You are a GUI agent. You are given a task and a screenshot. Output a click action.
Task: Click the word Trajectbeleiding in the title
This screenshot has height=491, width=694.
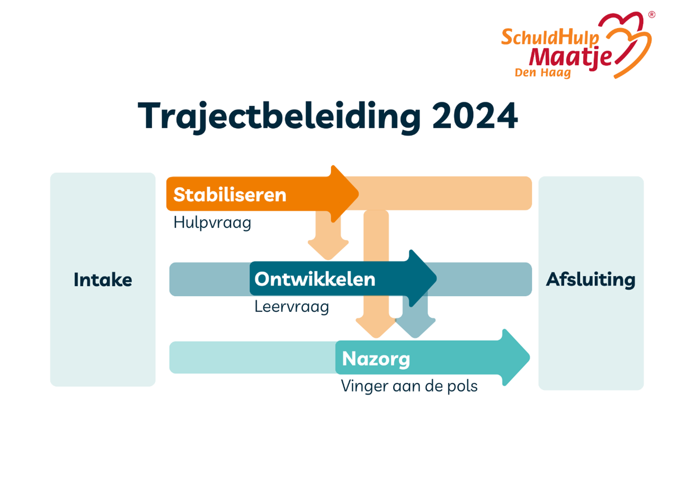[x=279, y=117]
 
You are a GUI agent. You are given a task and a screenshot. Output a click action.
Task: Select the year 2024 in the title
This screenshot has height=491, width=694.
[x=475, y=116]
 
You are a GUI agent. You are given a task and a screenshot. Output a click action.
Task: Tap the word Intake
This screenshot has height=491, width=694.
[x=103, y=280]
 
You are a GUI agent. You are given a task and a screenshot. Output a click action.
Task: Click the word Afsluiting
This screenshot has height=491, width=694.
[x=590, y=280]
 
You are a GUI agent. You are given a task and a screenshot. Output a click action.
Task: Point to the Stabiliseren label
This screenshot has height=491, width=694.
[x=229, y=195]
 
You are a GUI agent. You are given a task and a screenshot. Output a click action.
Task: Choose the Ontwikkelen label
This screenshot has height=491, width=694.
[x=315, y=279]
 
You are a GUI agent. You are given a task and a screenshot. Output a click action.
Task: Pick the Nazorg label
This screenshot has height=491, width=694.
[x=376, y=359]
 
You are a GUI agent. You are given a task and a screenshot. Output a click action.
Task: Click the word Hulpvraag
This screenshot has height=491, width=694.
[x=212, y=223]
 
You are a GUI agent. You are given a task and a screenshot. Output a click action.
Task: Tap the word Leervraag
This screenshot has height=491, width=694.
[x=291, y=307]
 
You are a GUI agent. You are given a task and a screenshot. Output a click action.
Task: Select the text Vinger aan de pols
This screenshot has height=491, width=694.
[x=409, y=386]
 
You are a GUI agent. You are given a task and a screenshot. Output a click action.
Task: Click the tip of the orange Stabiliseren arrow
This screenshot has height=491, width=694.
[x=359, y=194]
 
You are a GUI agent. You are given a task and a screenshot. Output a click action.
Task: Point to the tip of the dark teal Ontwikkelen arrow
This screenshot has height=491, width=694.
[x=437, y=279]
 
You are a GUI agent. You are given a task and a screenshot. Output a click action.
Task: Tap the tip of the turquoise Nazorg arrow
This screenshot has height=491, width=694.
[x=529, y=357]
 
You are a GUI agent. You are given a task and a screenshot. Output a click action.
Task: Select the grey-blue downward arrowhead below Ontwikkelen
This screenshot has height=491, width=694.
[x=416, y=328]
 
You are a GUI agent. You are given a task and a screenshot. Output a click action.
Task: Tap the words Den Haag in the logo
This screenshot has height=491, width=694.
[x=542, y=73]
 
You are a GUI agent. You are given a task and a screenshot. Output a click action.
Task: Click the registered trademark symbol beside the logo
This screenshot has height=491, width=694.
[x=651, y=15]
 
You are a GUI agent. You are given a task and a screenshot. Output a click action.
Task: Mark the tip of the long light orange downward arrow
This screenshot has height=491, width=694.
[x=376, y=337]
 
